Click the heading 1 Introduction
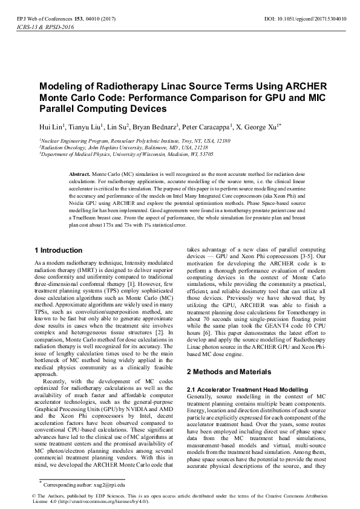click(x=59, y=250)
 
